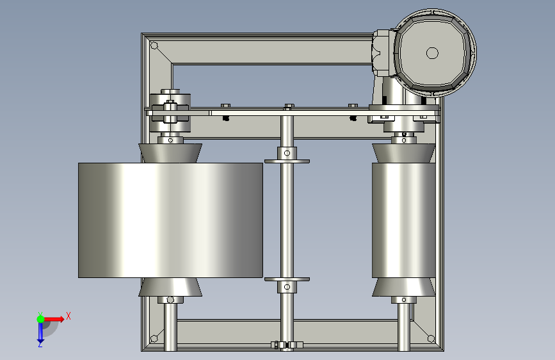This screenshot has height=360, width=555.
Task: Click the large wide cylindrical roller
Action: (170, 220)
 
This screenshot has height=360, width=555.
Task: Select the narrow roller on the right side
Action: (403, 220)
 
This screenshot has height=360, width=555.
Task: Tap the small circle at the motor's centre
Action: (432, 53)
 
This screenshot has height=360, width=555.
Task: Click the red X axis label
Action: (68, 316)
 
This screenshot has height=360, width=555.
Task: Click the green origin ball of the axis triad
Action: (41, 319)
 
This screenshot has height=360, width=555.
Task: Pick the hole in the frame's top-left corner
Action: (154, 45)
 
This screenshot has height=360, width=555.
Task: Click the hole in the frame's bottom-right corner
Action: (431, 339)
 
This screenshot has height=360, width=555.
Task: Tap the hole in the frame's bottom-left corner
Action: (154, 339)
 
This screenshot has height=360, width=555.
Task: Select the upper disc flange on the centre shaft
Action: (287, 161)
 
